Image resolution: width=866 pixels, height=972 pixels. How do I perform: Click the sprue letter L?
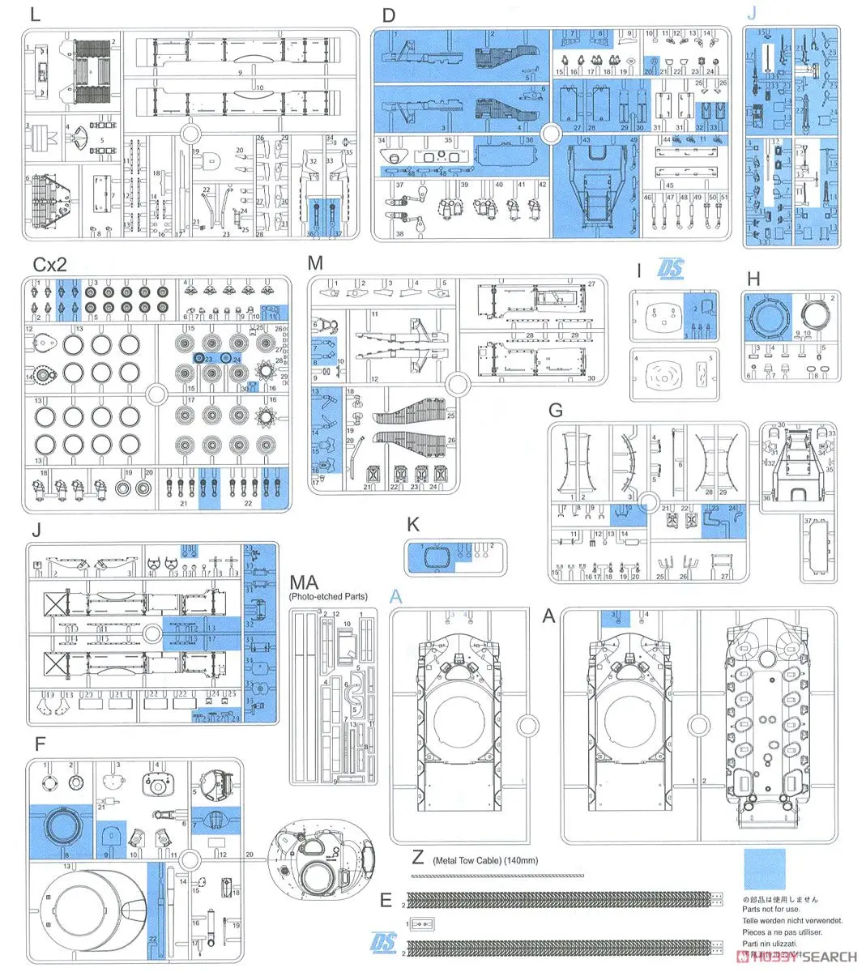point(32,16)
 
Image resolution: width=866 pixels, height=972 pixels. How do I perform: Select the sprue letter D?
point(388,15)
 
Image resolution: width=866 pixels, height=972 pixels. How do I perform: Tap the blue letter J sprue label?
point(753,14)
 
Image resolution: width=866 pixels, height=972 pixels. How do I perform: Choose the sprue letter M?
point(315,263)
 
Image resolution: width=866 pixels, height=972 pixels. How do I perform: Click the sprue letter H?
point(754,279)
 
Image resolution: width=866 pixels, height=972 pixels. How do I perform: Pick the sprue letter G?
point(555,409)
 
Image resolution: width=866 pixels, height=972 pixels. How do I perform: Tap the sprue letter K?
point(412,525)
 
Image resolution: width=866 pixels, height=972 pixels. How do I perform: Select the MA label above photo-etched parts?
point(305,582)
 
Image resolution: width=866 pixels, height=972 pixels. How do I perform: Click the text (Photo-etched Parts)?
point(328,597)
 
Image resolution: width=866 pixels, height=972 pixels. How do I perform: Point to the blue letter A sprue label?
point(396,597)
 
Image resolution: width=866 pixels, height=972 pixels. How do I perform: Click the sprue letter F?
point(40,743)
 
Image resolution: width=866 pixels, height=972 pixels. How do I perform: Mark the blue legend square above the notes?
point(765,868)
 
